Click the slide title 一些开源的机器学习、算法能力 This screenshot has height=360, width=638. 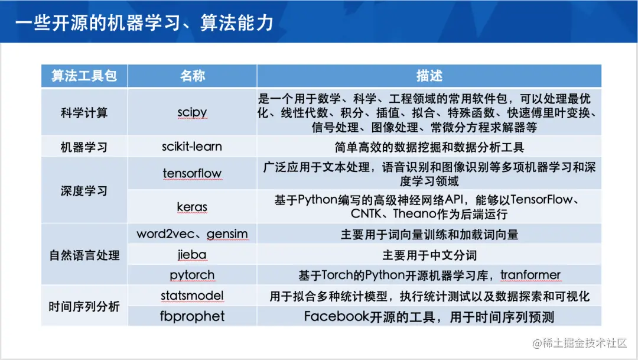click(x=145, y=22)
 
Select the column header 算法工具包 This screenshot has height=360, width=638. click(x=84, y=76)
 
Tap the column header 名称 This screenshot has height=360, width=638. click(x=192, y=76)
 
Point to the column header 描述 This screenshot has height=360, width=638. click(x=429, y=76)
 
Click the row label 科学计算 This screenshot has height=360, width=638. click(x=84, y=112)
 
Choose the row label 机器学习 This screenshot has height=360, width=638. click(x=84, y=147)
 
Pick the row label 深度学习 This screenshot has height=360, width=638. click(x=84, y=190)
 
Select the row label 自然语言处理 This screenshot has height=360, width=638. click(x=84, y=255)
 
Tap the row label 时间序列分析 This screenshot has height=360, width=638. click(x=84, y=306)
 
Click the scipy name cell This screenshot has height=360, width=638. click(x=192, y=112)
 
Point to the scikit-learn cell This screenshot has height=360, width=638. click(x=192, y=147)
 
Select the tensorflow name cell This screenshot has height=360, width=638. click(x=192, y=173)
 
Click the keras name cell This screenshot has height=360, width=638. click(x=192, y=207)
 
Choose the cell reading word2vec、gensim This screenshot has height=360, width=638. click(x=192, y=234)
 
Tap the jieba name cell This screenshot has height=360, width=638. click(x=192, y=255)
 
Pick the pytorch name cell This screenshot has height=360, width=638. click(x=192, y=275)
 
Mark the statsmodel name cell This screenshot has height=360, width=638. click(x=192, y=296)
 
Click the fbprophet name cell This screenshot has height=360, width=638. click(x=192, y=316)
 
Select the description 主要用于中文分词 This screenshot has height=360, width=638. click(x=429, y=255)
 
